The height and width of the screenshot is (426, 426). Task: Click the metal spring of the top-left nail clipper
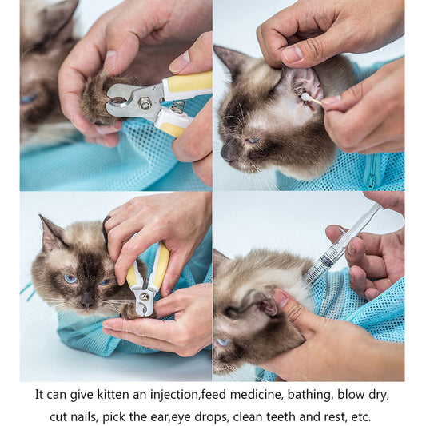click(177, 105)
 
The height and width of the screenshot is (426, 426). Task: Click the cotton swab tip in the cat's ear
click(305, 97)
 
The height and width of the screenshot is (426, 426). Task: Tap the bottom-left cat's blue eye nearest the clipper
click(105, 281)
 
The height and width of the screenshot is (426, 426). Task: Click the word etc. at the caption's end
click(360, 416)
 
